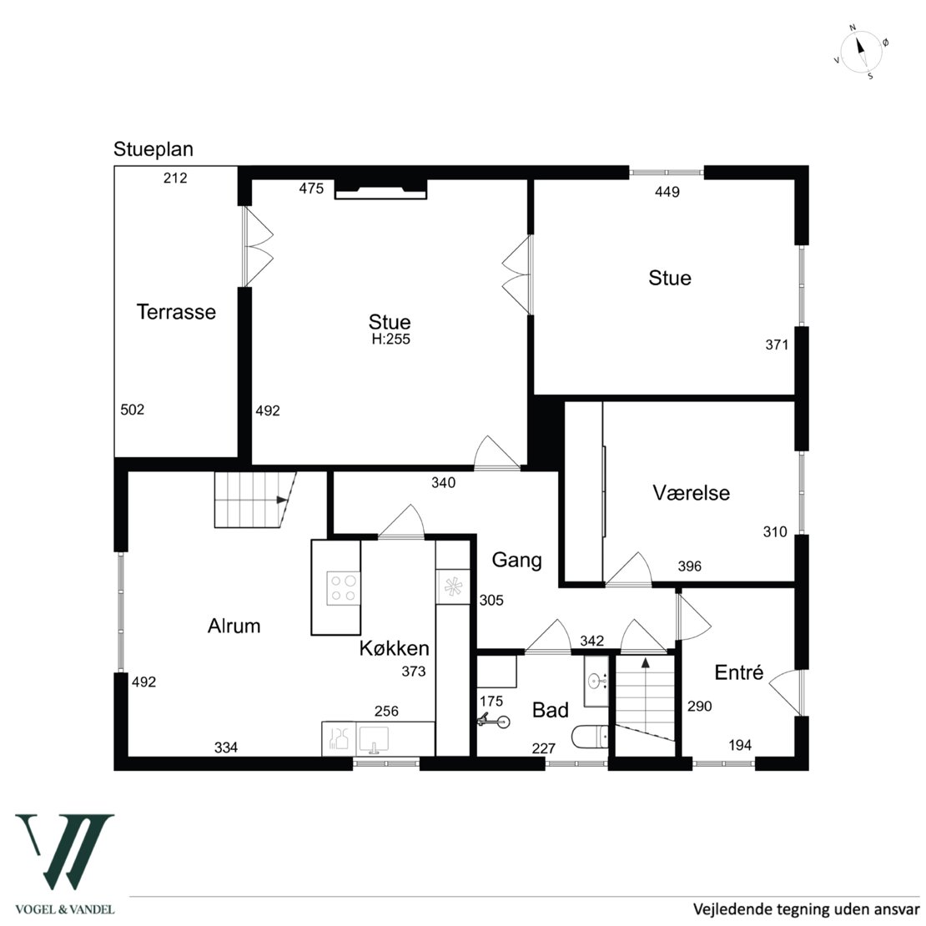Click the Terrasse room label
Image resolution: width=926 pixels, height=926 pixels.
tap(176, 312)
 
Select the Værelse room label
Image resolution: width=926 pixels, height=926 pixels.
tap(691, 492)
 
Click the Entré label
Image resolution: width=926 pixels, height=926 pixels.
tap(739, 672)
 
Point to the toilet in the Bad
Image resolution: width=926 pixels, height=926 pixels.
tap(590, 737)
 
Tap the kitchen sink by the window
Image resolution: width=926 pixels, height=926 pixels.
tap(373, 739)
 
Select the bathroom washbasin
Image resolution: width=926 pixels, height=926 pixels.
tap(596, 681)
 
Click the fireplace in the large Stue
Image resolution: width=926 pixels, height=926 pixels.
tap(381, 189)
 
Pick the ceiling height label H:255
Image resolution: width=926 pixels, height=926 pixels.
tap(391, 339)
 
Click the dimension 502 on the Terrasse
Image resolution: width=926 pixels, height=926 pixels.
tap(133, 410)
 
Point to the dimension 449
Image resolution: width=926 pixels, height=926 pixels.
tap(667, 191)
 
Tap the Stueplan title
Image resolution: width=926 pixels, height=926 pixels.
tap(153, 149)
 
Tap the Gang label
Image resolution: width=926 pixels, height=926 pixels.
tap(516, 560)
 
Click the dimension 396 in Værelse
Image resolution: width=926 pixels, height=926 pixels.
tap(690, 566)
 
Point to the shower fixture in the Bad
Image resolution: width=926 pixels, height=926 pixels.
tap(494, 721)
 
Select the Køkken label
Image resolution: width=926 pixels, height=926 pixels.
tap(394, 648)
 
